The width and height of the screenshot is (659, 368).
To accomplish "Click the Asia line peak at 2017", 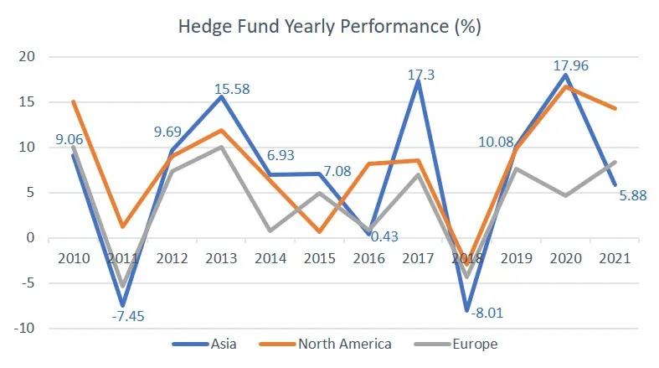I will tap(418, 81).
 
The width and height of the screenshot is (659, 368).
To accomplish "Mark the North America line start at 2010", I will tap(74, 102).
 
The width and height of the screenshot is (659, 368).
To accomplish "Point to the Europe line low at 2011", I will tap(123, 287).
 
